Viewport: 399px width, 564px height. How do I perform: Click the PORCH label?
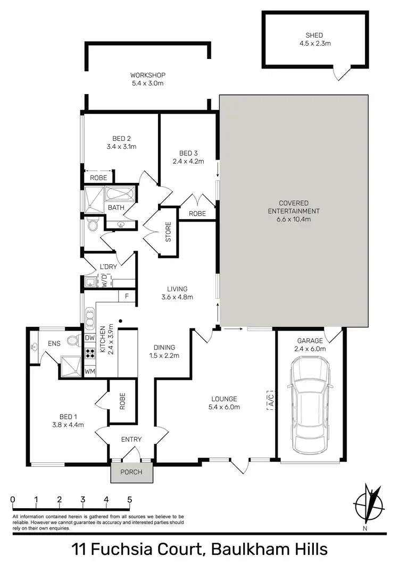131,472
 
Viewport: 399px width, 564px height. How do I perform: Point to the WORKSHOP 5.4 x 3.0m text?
148,79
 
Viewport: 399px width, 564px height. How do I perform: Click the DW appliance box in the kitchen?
89,338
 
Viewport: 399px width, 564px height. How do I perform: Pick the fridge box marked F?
126,296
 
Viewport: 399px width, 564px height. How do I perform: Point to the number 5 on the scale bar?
130,500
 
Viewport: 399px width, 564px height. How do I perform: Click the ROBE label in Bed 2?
97,178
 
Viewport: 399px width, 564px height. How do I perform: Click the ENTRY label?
131,439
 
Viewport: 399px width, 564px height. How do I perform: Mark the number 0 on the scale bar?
12,500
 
